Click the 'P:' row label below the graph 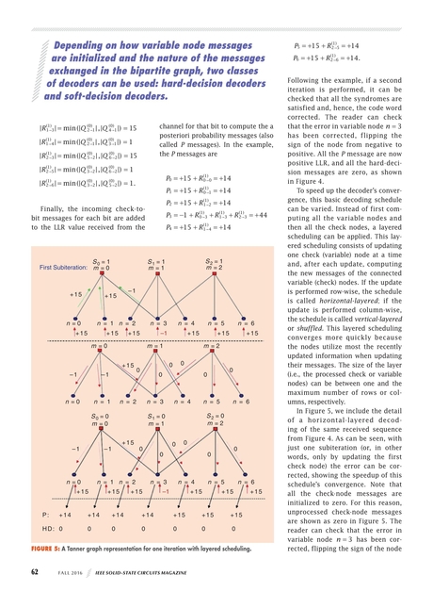46,516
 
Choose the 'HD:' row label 48,530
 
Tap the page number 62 35,571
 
